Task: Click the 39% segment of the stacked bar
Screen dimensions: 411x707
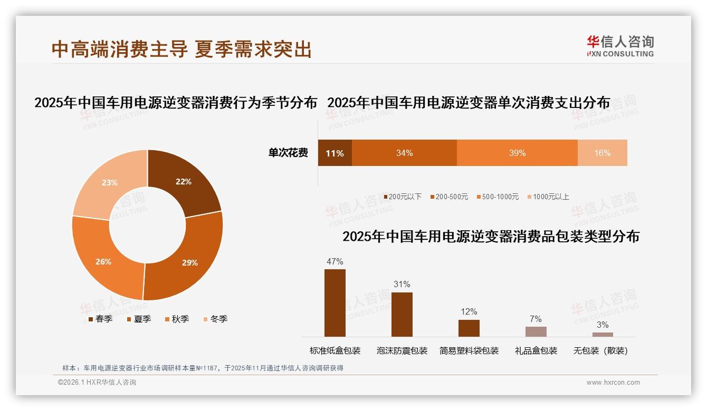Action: [517, 153]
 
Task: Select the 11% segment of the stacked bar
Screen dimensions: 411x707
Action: [335, 153]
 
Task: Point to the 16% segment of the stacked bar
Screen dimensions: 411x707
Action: [602, 153]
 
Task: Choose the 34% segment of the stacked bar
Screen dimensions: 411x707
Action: [404, 153]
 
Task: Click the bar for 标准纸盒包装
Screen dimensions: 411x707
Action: [335, 302]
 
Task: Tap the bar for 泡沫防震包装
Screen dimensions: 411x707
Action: [402, 314]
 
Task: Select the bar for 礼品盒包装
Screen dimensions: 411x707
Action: [536, 331]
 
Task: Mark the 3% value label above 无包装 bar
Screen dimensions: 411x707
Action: [603, 325]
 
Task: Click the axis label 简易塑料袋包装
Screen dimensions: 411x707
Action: [469, 350]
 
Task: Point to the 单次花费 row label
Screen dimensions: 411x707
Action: [288, 153]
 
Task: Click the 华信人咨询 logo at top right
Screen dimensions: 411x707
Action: [620, 46]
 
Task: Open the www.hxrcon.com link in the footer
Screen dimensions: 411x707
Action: [613, 383]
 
